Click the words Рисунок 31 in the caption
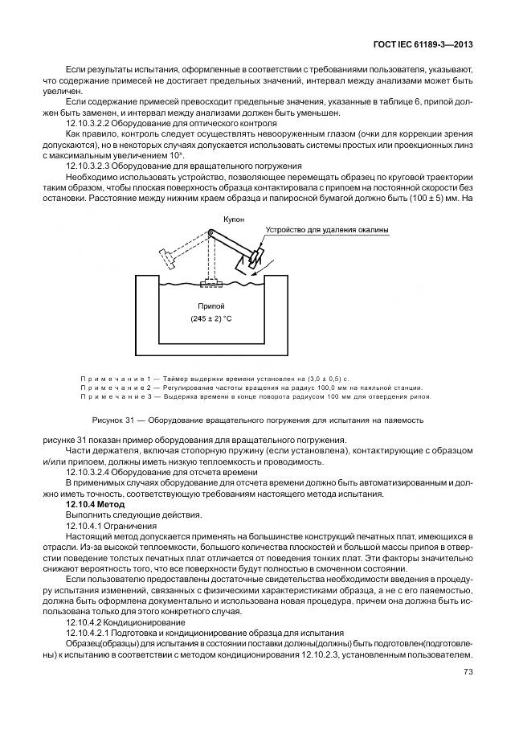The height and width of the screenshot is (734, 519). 115,420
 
